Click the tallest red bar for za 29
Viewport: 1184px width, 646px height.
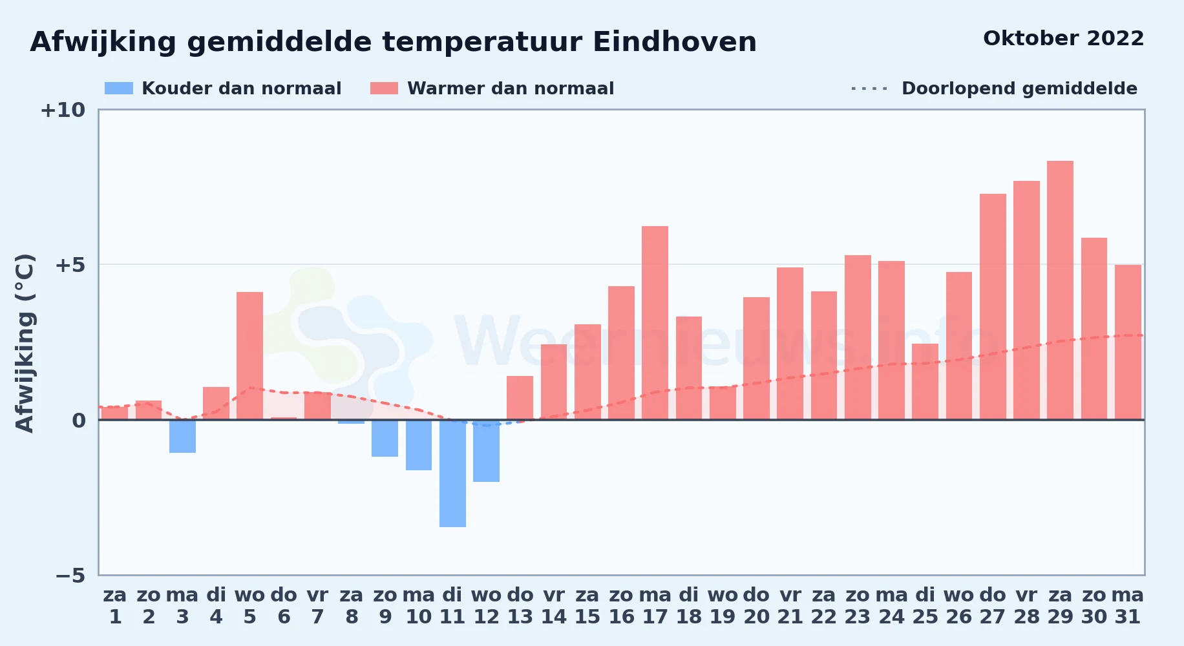[x=1060, y=290]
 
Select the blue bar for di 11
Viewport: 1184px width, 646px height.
[x=452, y=474]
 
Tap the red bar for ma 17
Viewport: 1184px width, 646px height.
[x=655, y=323]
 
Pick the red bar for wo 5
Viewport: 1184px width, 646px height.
[x=249, y=356]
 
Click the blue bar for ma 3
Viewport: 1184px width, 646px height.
[x=182, y=436]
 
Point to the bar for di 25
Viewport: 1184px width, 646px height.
[x=925, y=382]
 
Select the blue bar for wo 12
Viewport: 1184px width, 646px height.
[x=486, y=451]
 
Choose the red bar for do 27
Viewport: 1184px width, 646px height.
[x=993, y=307]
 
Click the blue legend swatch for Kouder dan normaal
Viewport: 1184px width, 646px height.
[x=119, y=89]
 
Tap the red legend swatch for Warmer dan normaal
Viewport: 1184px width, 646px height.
[x=385, y=89]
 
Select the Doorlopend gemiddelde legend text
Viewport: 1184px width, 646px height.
[x=1019, y=89]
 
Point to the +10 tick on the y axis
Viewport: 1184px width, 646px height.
[x=63, y=110]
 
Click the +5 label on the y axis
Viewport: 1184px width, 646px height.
[x=70, y=265]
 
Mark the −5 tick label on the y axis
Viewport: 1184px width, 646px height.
[x=70, y=576]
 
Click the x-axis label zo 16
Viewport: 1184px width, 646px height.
[x=621, y=606]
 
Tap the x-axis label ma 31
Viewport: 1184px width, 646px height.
[x=1128, y=606]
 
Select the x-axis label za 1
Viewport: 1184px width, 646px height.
[x=115, y=606]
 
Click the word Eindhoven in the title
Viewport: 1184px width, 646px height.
[x=674, y=42]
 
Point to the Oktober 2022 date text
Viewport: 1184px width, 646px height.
[x=1064, y=39]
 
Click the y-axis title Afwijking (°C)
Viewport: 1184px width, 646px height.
[x=25, y=343]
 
